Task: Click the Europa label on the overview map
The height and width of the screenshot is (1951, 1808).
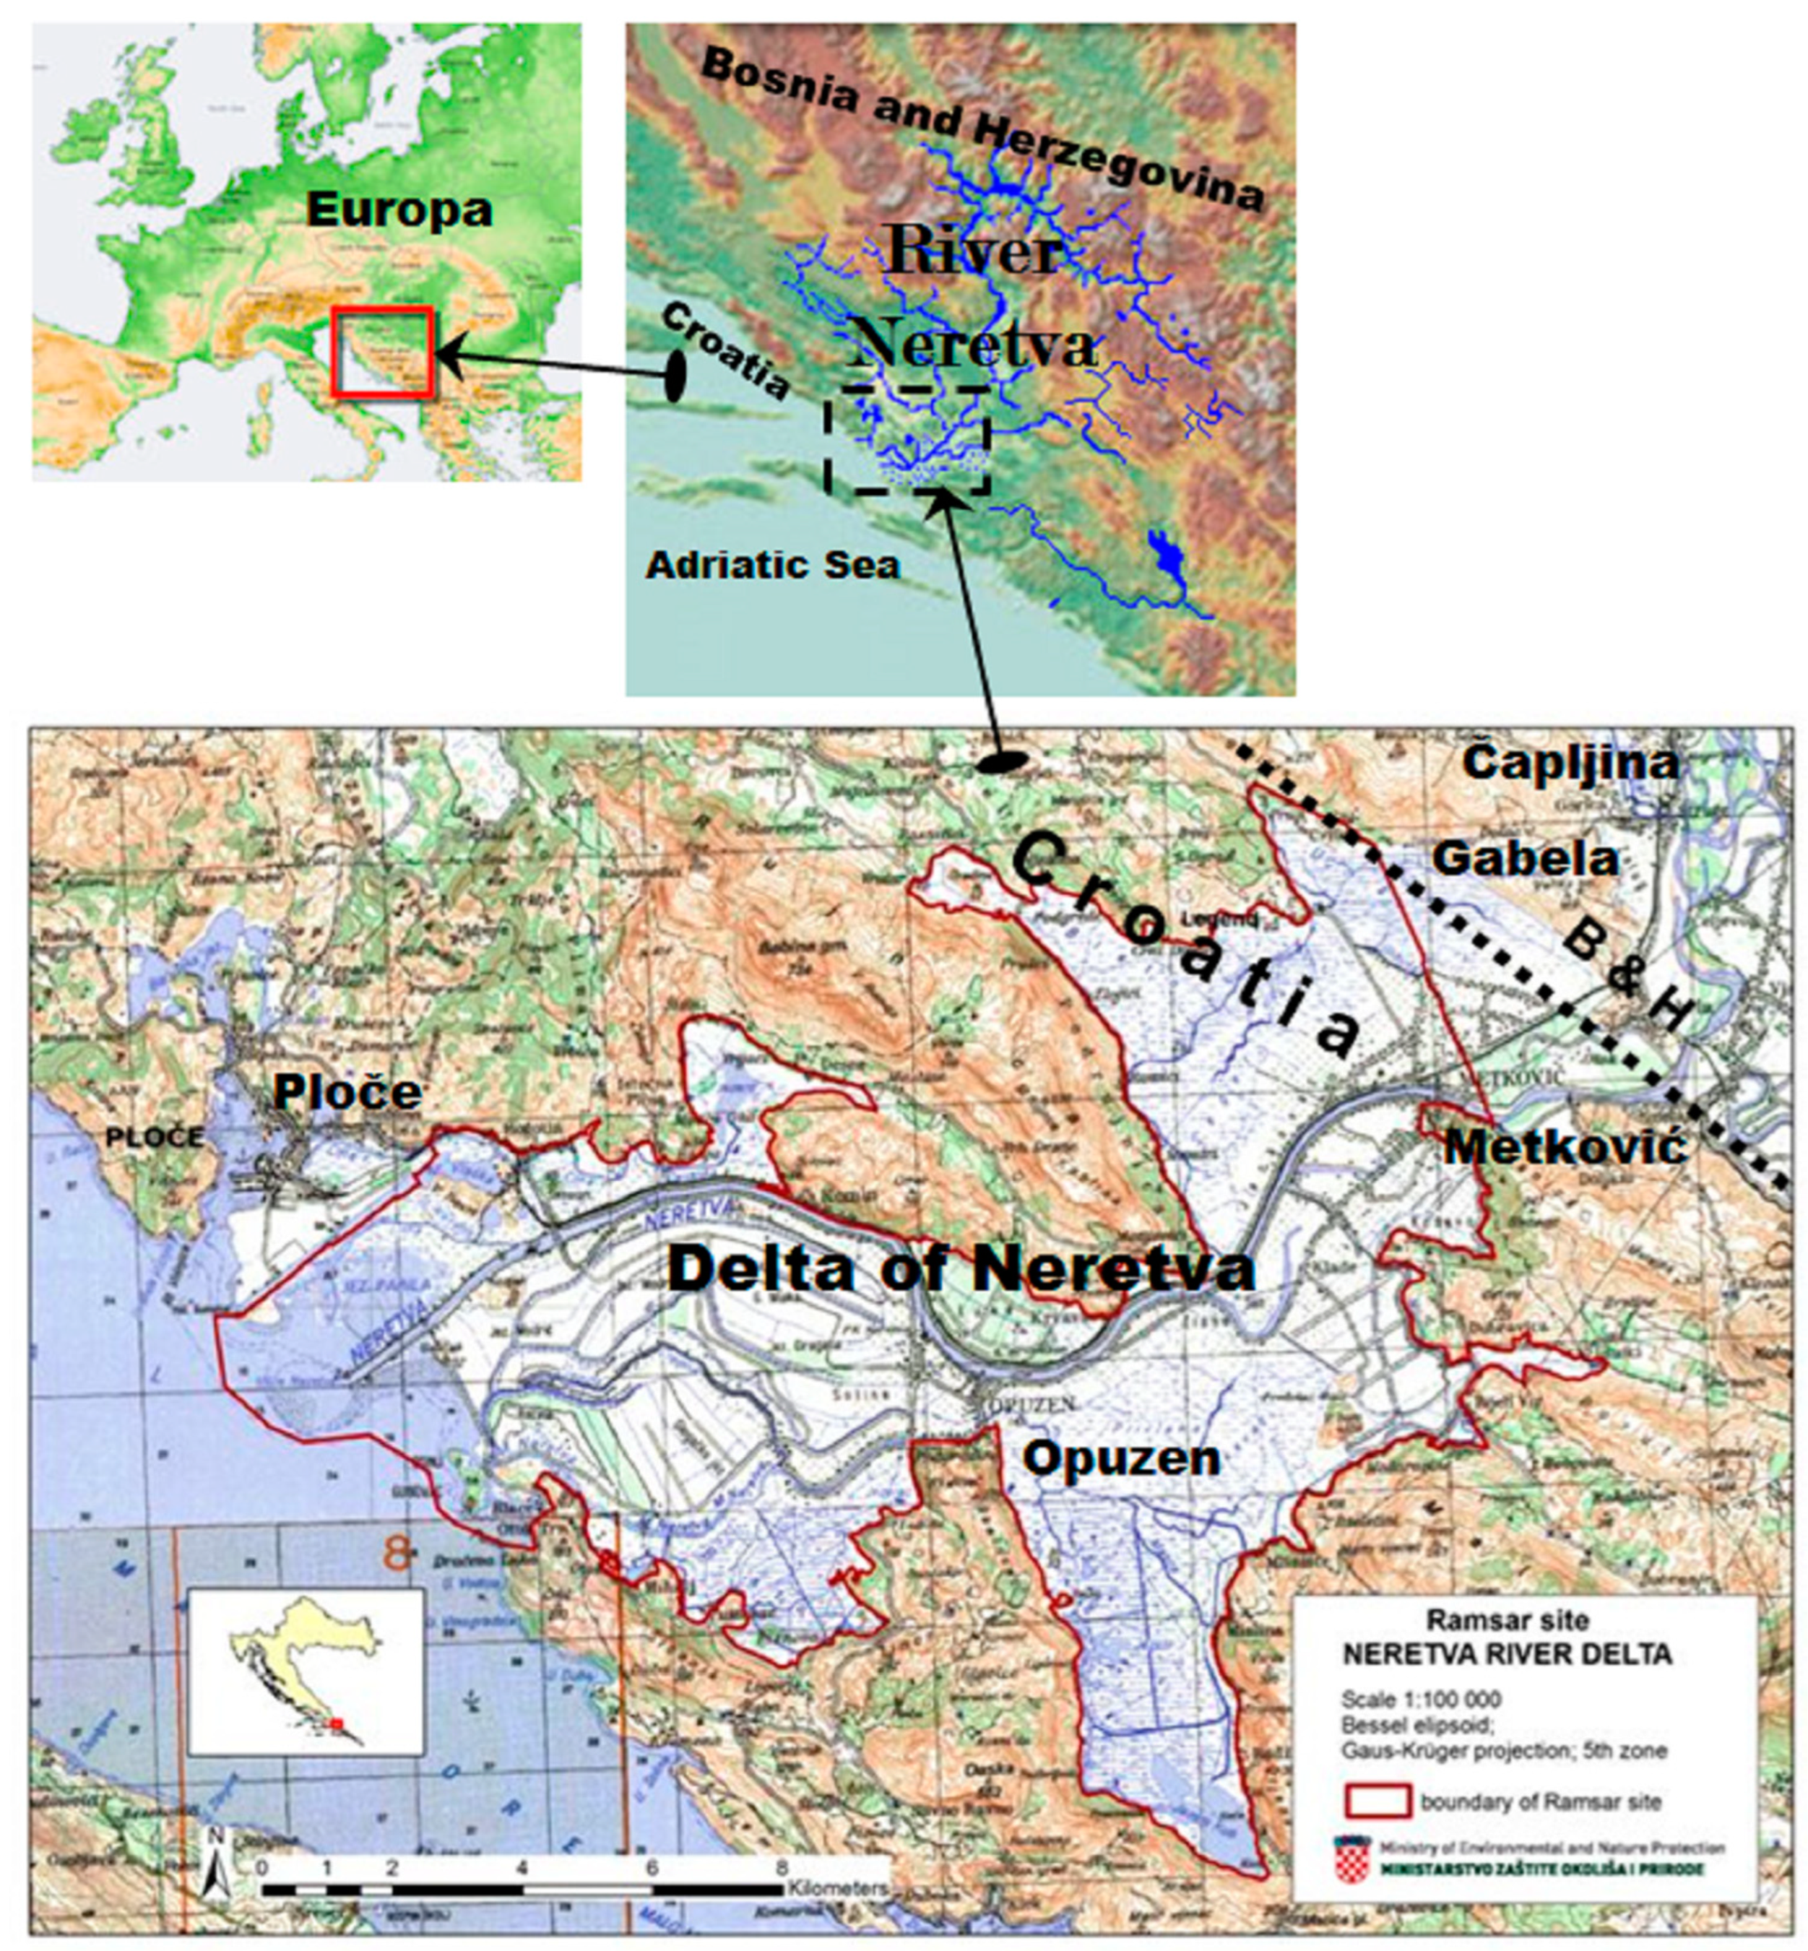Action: [x=399, y=210]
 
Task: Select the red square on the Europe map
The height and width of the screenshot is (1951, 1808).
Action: [x=381, y=351]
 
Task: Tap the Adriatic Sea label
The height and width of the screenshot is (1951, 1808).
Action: [x=772, y=566]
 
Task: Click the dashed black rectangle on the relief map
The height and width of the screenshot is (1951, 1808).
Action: [x=908, y=439]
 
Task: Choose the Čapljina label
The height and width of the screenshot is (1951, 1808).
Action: [x=1570, y=764]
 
